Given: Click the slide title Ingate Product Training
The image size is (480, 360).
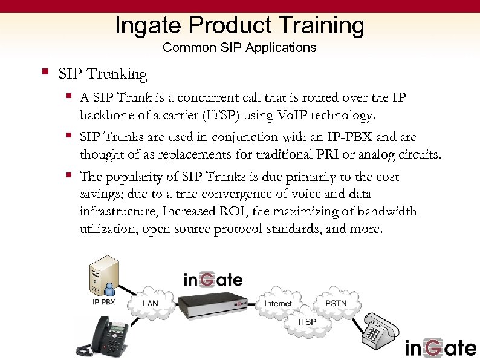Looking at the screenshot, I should pos(239,25).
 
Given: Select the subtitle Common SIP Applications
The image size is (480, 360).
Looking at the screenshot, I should pos(239,47).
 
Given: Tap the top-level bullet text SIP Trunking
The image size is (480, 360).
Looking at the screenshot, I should pos(103,74).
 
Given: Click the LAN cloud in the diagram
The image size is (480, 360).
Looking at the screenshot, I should pos(151,303).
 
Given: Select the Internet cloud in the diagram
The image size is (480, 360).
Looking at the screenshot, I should pos(279,303).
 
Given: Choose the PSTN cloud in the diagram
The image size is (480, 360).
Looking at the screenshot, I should pos(336,302).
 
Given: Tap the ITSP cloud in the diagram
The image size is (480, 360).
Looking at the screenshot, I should pos(307,322).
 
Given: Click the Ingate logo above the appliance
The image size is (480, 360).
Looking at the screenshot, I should pos(213,280).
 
